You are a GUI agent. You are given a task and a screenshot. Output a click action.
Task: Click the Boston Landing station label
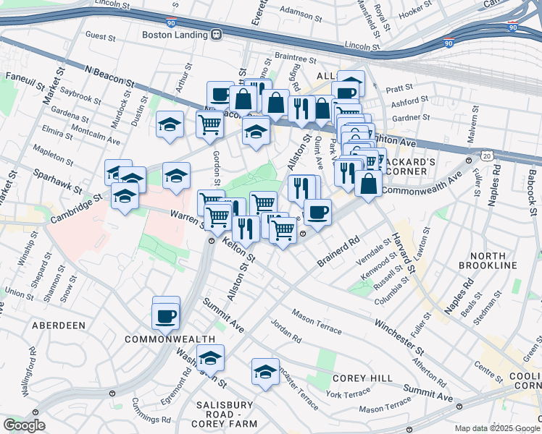177,33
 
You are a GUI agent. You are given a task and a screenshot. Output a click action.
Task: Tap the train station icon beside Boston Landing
216,34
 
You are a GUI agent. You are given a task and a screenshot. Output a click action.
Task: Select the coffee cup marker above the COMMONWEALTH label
166,315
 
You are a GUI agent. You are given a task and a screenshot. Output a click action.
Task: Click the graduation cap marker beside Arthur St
170,124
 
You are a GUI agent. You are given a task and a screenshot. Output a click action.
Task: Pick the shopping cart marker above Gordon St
209,124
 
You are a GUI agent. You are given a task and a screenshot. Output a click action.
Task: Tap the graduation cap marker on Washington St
210,358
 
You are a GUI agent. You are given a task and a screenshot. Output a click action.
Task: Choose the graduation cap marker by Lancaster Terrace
265,372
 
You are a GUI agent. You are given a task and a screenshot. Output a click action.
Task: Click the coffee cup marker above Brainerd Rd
317,213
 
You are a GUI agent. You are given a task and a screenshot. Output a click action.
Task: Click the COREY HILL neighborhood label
362,378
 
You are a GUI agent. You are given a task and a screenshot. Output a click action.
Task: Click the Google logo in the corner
24,425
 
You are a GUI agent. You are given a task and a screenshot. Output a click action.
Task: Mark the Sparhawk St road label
61,183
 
